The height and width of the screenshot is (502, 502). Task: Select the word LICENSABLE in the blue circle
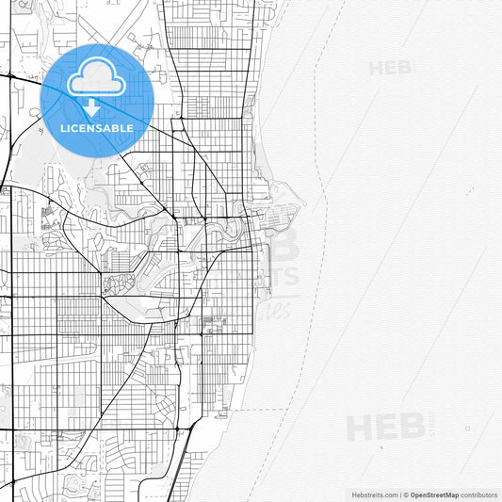click(x=97, y=128)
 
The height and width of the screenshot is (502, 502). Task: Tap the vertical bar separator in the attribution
click(x=400, y=494)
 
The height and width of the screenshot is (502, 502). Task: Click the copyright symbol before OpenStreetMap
click(x=406, y=494)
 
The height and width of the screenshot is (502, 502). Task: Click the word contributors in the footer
click(x=479, y=494)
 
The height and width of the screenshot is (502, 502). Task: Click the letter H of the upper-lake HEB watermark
click(x=375, y=68)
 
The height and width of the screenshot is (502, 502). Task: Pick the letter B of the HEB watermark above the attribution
click(x=412, y=427)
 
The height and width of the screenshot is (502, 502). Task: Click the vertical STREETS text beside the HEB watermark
click(x=431, y=427)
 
